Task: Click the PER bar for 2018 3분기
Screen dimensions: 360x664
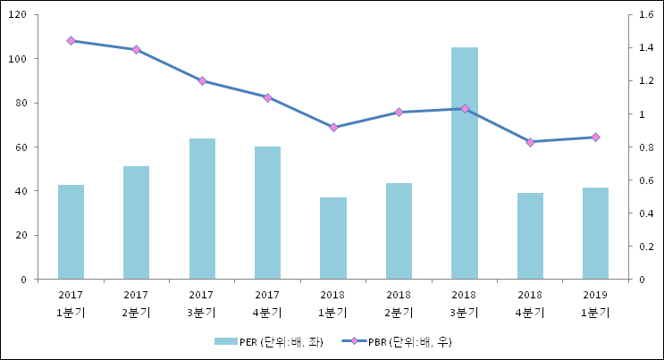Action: click(x=464, y=163)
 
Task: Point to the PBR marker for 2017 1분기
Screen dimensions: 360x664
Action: click(x=71, y=40)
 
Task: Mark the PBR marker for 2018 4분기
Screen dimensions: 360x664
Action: click(x=530, y=142)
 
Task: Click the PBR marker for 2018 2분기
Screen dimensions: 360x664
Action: click(x=399, y=112)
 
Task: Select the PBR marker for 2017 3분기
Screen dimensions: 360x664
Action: click(x=202, y=80)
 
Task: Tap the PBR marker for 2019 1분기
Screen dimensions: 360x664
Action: click(x=595, y=137)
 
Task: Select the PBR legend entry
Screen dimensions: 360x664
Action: click(x=401, y=341)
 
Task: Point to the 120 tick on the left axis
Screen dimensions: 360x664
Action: click(x=19, y=15)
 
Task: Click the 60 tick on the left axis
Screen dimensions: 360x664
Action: click(x=21, y=147)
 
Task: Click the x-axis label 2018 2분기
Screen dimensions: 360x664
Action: click(x=399, y=303)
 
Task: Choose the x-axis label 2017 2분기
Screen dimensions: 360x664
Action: click(x=136, y=303)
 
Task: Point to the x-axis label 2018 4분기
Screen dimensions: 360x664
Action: click(x=530, y=303)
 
